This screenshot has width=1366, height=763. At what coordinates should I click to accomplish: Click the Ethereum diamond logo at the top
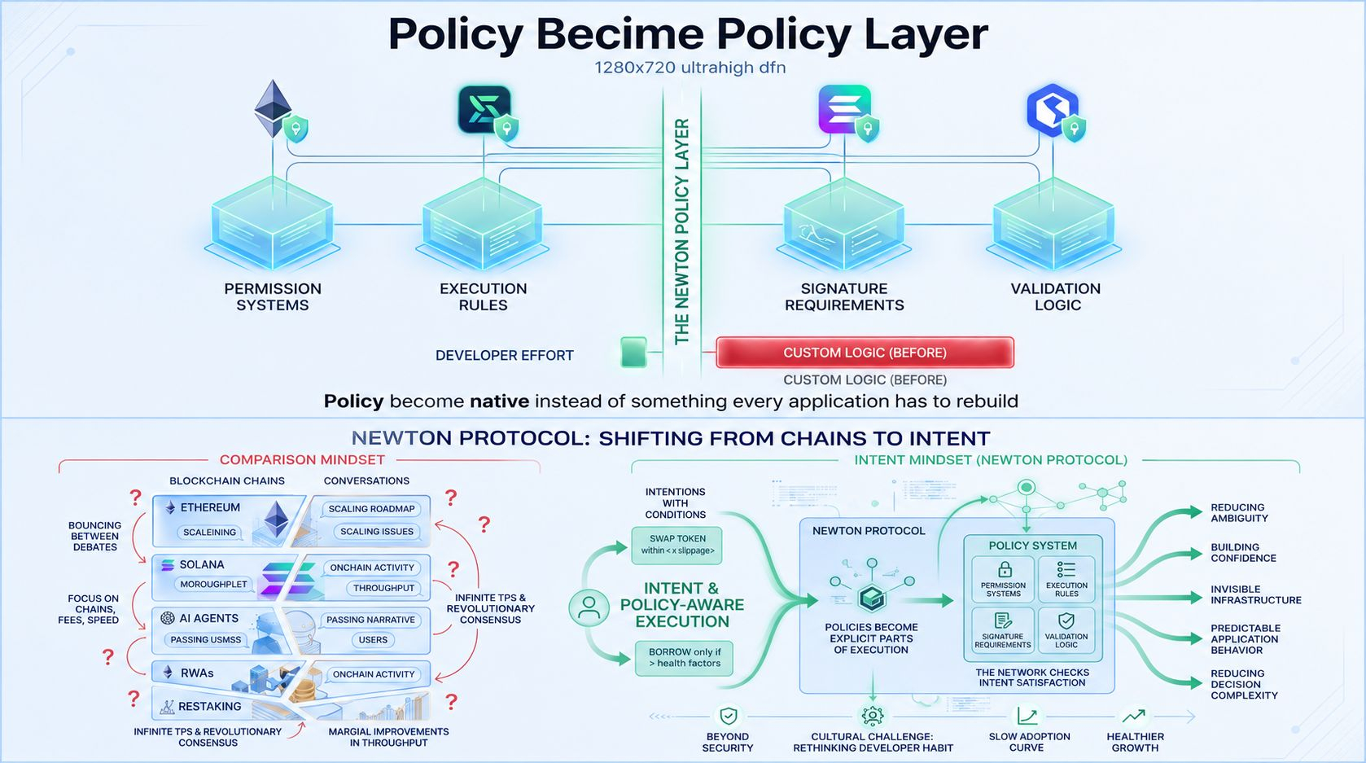click(273, 108)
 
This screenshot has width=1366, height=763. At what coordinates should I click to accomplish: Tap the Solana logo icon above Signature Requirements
click(844, 109)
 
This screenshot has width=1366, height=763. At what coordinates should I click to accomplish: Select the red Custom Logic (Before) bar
click(865, 353)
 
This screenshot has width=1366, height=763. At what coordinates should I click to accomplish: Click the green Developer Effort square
click(633, 352)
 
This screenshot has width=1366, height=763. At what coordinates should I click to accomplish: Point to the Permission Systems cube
click(273, 223)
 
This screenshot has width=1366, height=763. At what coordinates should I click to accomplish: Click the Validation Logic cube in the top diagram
click(1053, 223)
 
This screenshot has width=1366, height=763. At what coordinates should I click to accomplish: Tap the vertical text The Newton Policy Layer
click(682, 232)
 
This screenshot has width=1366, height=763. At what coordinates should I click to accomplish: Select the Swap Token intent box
click(677, 545)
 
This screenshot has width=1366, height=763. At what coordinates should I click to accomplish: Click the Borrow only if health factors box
click(684, 658)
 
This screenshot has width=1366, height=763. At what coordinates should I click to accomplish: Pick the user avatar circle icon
click(589, 607)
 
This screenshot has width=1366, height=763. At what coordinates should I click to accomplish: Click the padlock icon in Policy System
click(1005, 570)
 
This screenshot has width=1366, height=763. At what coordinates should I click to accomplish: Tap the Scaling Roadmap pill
click(371, 509)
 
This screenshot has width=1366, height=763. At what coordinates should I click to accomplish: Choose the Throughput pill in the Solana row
click(383, 588)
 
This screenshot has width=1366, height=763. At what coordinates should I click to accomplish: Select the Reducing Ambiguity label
click(1239, 513)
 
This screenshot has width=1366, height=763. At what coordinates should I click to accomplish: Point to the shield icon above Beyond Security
click(728, 716)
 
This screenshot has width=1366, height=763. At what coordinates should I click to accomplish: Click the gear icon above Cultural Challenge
click(873, 716)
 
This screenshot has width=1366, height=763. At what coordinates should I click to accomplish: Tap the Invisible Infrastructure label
click(1255, 594)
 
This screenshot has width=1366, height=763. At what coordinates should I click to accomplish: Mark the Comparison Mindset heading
click(302, 460)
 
